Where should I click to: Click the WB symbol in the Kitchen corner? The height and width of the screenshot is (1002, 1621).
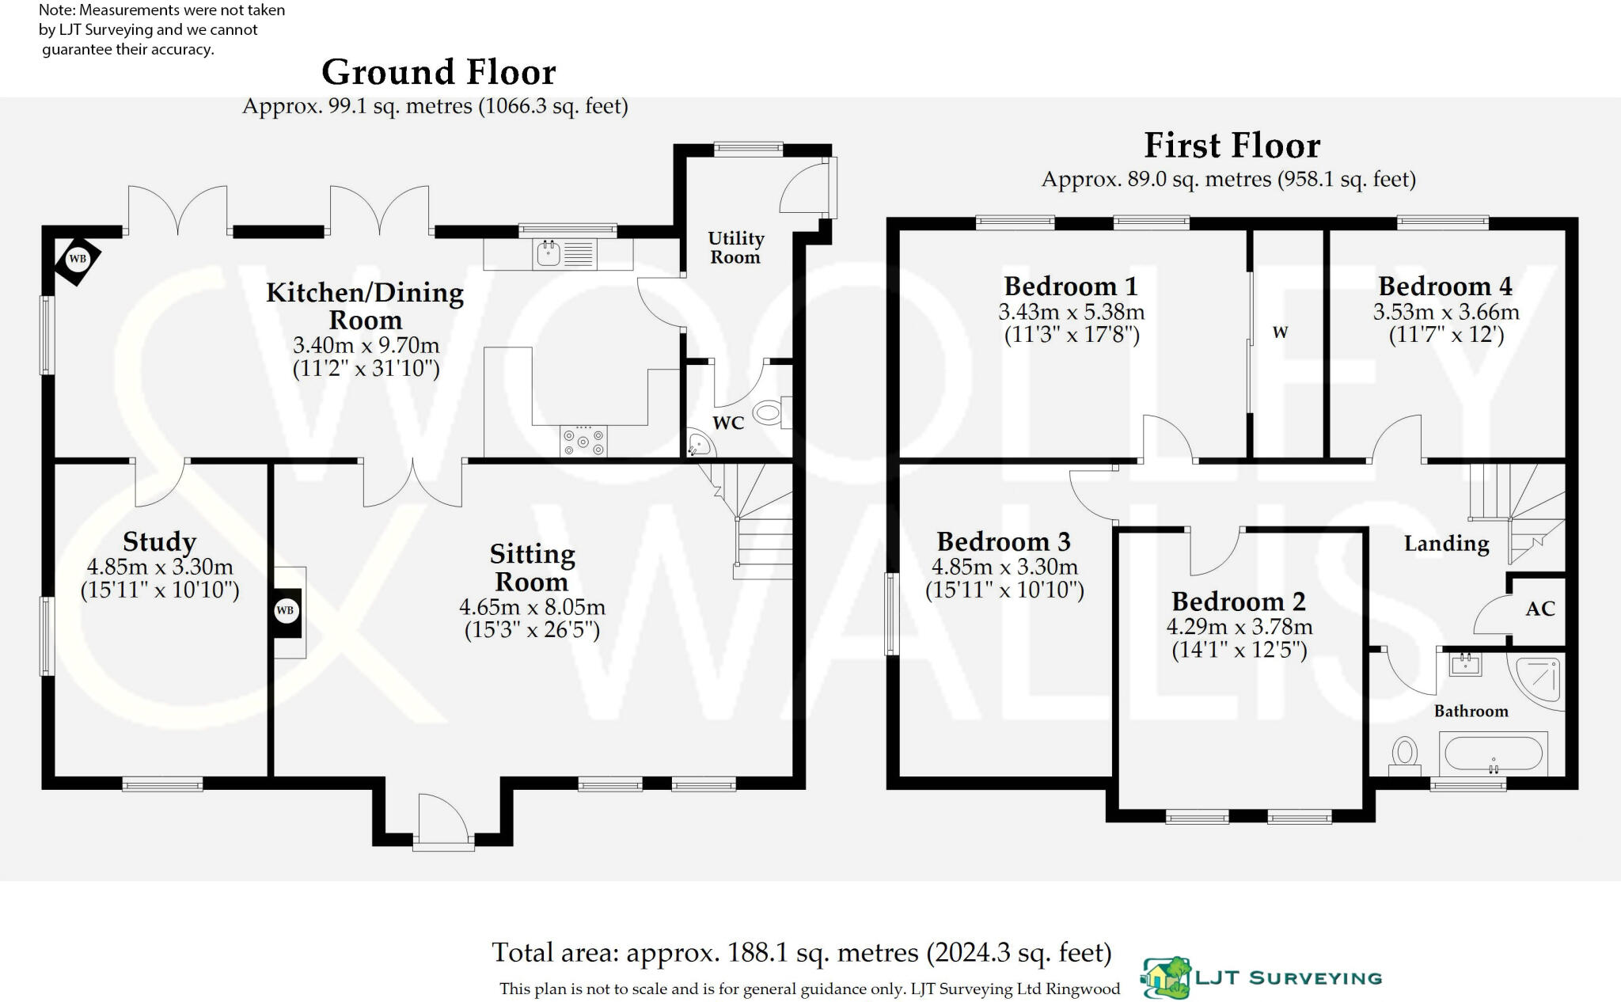pyautogui.click(x=78, y=259)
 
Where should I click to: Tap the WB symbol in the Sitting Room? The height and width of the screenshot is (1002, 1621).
pyautogui.click(x=286, y=610)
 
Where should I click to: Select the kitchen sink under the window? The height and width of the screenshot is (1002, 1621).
pyautogui.click(x=549, y=253)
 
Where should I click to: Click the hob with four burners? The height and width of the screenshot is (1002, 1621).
pyautogui.click(x=584, y=441)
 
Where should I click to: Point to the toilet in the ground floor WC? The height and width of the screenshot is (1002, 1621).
pyautogui.click(x=769, y=412)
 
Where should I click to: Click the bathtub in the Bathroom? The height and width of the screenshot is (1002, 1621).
pyautogui.click(x=1493, y=753)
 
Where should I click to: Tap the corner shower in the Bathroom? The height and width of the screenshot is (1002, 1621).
pyautogui.click(x=1539, y=679)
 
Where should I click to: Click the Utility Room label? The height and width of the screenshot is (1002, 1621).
pyautogui.click(x=735, y=248)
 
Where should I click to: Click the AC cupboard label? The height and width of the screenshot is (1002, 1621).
pyautogui.click(x=1540, y=609)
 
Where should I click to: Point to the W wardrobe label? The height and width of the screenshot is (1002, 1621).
pyautogui.click(x=1280, y=332)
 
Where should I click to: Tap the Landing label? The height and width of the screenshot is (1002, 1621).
pyautogui.click(x=1446, y=544)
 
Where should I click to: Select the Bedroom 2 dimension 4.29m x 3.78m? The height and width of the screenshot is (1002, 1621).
pyautogui.click(x=1239, y=627)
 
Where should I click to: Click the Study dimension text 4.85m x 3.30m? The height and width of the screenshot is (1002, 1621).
pyautogui.click(x=159, y=567)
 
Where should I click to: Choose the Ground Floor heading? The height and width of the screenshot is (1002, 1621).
pyautogui.click(x=438, y=72)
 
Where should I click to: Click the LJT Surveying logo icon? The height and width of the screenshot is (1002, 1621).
pyautogui.click(x=1167, y=978)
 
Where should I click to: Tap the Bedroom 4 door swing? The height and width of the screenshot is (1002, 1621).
pyautogui.click(x=1395, y=438)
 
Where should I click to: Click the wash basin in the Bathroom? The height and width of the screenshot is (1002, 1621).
pyautogui.click(x=1465, y=663)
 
